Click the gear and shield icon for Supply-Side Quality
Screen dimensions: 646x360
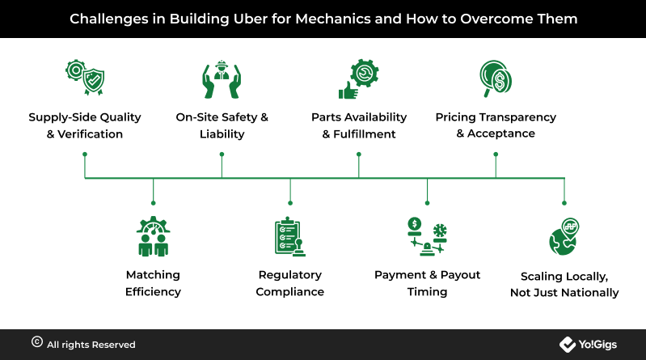(85, 78)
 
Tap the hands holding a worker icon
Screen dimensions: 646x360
(222, 79)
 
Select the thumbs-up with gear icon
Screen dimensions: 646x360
(358, 79)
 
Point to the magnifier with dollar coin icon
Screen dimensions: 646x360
(496, 78)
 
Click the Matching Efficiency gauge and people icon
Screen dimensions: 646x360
(154, 236)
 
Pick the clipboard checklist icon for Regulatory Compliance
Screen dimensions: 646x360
(290, 237)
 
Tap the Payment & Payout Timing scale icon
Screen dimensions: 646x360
(427, 236)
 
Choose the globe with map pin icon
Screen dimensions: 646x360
(564, 237)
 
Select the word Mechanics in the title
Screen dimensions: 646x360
(333, 19)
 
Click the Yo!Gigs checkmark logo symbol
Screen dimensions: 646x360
(568, 345)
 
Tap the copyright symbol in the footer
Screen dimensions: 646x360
(37, 342)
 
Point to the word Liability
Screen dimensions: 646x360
(222, 134)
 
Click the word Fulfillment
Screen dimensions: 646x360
(364, 134)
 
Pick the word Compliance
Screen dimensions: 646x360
(290, 292)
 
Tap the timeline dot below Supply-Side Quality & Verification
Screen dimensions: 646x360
(85, 155)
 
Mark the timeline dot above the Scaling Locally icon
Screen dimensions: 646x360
(564, 203)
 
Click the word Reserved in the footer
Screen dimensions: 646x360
(113, 345)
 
